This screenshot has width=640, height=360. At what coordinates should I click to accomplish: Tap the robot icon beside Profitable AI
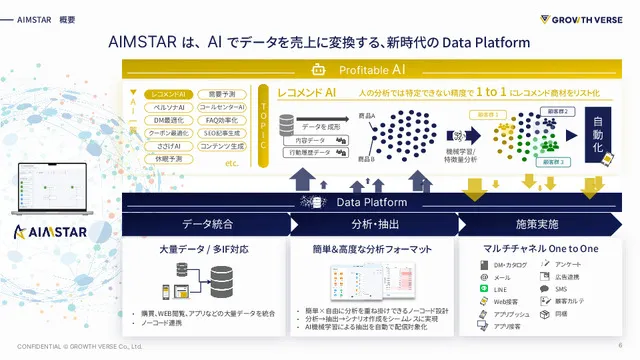(x=319, y=70)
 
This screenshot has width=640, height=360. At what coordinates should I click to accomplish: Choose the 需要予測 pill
(x=215, y=93)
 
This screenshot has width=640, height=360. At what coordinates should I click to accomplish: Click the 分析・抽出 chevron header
(x=369, y=224)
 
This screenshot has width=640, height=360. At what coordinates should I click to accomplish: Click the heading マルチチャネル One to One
(x=541, y=247)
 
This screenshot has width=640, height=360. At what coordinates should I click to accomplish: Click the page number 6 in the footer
(x=620, y=346)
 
